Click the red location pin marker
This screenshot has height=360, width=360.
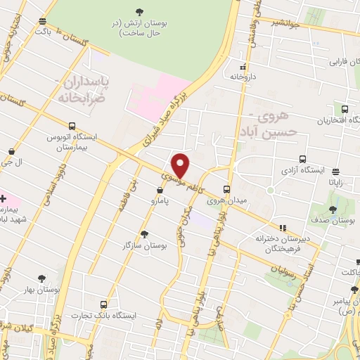pyautogui.click(x=181, y=165)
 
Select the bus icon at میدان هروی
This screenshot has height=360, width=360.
pyautogui.click(x=226, y=189)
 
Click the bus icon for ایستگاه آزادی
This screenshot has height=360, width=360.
pyautogui.click(x=302, y=159)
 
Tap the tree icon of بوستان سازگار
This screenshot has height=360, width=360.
pyautogui.click(x=144, y=233)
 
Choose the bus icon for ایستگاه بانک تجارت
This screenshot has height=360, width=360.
pyautogui.click(x=104, y=304)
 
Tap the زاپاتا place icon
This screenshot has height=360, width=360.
pyautogui.click(x=335, y=171)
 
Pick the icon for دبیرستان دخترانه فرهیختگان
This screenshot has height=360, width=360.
pyautogui.click(x=283, y=228)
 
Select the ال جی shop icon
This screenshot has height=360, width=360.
pyautogui.click(x=12, y=151)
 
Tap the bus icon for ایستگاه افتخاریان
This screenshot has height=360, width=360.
pyautogui.click(x=345, y=109)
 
